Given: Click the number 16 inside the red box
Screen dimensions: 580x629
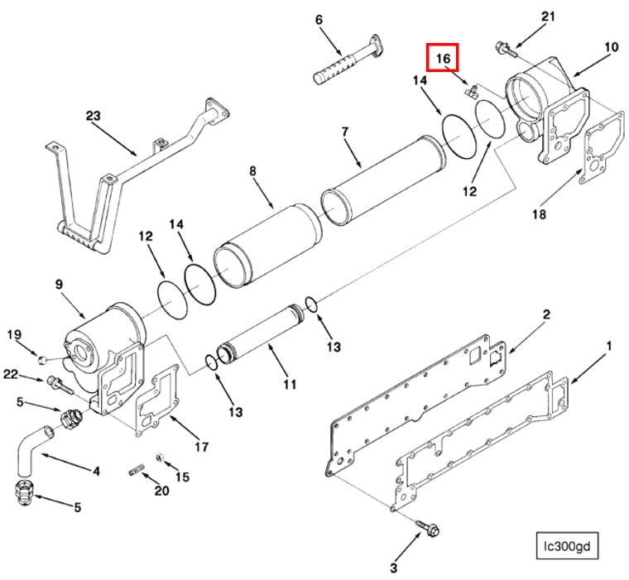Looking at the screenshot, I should point(443,59).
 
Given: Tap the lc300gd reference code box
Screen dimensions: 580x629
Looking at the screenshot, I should point(566,546).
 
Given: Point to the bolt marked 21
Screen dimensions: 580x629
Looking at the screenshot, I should point(502,49).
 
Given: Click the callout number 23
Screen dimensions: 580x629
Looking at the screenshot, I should point(93,116).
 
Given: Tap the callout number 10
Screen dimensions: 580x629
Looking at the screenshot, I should point(611,47).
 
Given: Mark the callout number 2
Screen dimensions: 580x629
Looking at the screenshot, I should point(546,314).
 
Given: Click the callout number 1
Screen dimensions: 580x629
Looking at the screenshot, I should point(609,343).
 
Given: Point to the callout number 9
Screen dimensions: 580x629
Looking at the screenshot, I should point(59,284).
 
